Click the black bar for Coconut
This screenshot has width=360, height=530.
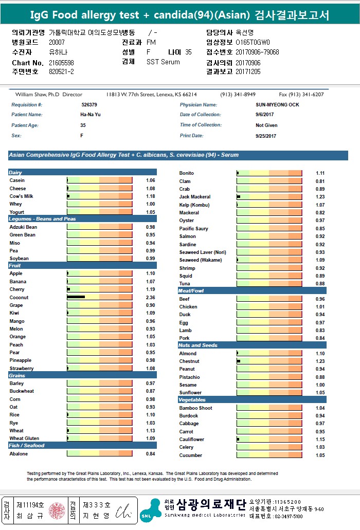point(76,297)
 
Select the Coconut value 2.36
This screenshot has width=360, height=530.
point(150,298)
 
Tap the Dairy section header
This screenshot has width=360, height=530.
point(15,173)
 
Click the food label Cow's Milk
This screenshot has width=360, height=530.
point(21,196)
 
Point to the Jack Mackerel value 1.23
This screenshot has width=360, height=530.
point(320,197)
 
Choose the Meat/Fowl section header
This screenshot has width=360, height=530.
point(191,291)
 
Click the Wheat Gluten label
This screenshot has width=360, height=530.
point(24,438)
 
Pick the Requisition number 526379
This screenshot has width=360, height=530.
point(89,105)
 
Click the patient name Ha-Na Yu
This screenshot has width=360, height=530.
point(91,115)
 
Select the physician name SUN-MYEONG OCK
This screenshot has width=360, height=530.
point(277,105)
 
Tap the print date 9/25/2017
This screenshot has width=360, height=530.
point(266,136)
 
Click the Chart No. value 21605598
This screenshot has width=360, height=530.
point(61,63)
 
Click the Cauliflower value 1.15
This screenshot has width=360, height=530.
point(320,440)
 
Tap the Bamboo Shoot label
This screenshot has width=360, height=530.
point(195,408)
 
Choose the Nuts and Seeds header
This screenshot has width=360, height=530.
point(197,345)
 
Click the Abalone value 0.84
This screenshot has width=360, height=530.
point(150,454)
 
